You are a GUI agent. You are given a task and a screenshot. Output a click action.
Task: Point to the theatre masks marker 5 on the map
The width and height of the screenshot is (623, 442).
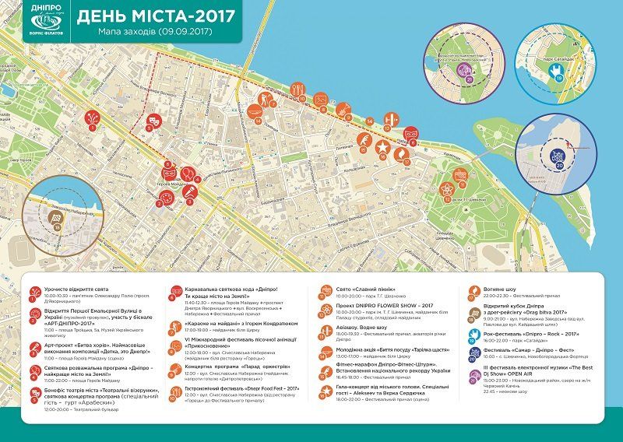point(154,122)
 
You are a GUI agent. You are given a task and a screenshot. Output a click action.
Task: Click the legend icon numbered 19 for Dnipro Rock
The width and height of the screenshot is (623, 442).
point(473,335)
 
